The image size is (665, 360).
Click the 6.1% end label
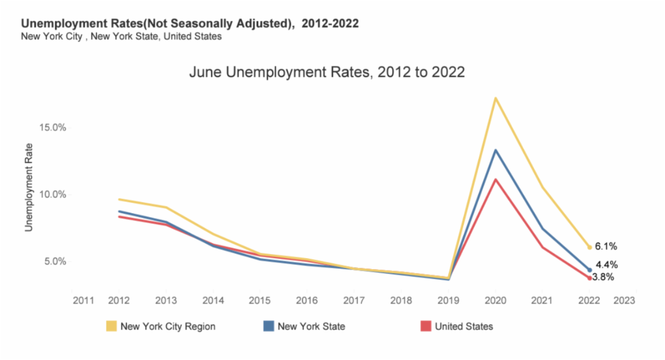coord(606,246)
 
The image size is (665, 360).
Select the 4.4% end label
coord(607,265)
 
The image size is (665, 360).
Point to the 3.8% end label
coord(603,277)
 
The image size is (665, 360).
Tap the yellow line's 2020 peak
coord(495,98)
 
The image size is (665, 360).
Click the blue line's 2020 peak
coord(495,150)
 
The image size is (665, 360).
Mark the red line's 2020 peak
coord(495,179)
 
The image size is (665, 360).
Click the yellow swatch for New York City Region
coord(111,326)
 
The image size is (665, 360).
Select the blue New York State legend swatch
coord(269,326)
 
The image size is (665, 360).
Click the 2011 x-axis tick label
coord(83,300)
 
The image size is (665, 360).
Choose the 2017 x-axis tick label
coord(354,300)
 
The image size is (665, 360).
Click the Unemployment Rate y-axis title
coord(29,187)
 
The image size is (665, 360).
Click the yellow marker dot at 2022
coord(589,247)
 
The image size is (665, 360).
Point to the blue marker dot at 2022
coord(589,270)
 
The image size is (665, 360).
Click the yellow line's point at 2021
coord(542,187)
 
